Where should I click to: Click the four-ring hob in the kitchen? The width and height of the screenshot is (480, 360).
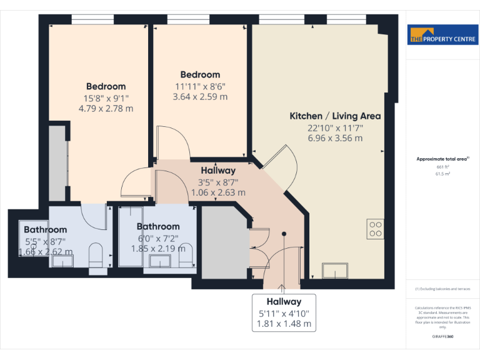tap(376, 229)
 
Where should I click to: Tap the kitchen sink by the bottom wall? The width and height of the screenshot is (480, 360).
tap(336, 271)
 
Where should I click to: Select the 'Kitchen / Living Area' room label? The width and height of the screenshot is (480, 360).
tap(335, 116)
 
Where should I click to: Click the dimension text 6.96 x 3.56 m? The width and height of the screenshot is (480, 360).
tap(335, 138)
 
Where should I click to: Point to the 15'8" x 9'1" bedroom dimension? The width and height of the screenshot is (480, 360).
tap(106, 97)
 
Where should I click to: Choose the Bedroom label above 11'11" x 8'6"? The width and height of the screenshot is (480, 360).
tap(200, 74)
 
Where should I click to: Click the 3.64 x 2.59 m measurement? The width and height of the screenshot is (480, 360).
tap(200, 97)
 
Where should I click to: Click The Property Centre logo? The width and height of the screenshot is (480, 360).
tap(442, 36)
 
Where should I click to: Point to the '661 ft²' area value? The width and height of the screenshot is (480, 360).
tap(442, 167)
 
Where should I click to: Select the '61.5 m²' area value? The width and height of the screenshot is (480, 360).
tap(442, 174)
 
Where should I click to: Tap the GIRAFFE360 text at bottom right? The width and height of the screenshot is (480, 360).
tap(442, 337)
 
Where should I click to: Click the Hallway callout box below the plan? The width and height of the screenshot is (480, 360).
tap(284, 312)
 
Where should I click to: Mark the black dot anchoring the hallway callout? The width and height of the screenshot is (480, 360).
tap(284, 234)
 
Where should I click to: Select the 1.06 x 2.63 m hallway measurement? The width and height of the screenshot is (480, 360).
tap(218, 192)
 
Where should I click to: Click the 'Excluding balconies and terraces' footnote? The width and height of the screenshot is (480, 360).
tap(442, 289)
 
